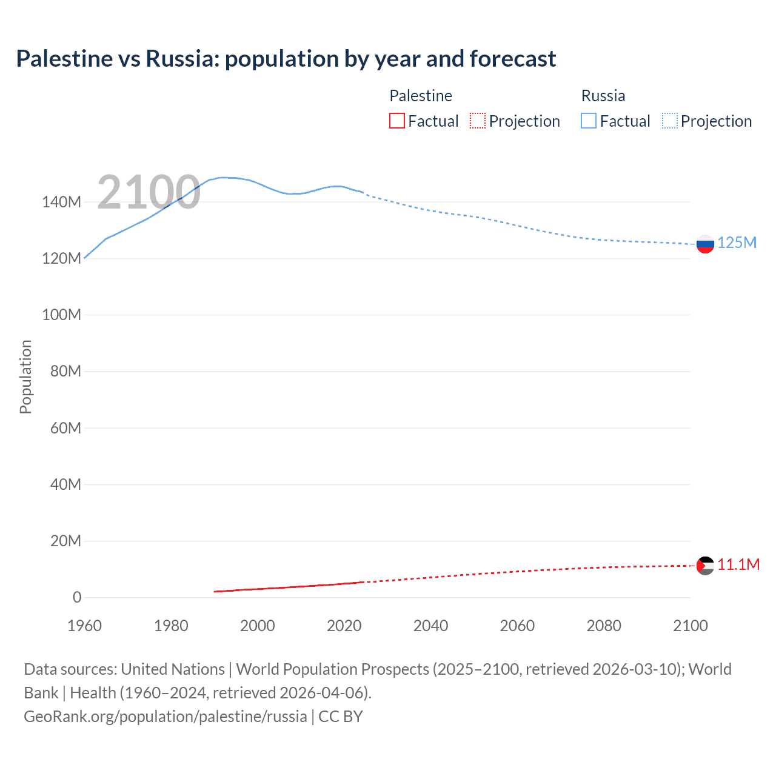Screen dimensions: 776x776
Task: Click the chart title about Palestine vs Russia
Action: [286, 59]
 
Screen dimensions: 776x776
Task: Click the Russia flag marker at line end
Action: [705, 244]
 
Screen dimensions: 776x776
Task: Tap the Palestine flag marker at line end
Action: [705, 566]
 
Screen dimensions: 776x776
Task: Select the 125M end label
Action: [737, 243]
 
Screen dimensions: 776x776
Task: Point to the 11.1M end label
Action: [738, 565]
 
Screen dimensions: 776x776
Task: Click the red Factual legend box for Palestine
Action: [397, 121]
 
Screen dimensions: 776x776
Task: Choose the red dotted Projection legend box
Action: [478, 121]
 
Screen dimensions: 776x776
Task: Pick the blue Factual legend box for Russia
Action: [589, 121]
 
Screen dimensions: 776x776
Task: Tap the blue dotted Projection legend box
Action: [670, 121]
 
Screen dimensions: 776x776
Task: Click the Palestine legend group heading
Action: [421, 96]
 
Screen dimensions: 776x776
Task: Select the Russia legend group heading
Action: [603, 96]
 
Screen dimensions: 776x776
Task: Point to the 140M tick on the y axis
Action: [61, 202]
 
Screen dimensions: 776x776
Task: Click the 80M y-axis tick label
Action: [65, 372]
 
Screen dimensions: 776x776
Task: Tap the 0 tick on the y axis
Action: [77, 598]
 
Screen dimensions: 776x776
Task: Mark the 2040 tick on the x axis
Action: [430, 626]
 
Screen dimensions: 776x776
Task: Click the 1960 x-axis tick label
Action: [84, 626]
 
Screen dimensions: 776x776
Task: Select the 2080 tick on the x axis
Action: [604, 626]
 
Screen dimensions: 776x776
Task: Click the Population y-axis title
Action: [25, 376]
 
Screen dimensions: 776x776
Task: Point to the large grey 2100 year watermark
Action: [149, 192]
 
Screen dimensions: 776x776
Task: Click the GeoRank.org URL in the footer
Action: [166, 717]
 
